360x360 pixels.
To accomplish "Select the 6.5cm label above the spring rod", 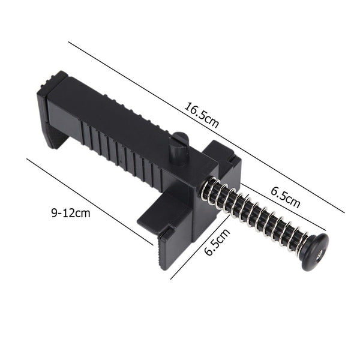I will point(284,197).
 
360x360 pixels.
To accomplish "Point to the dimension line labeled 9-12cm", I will point(90,201).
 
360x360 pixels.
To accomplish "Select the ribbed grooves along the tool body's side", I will point(120,150).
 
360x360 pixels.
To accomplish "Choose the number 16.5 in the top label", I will point(195,113).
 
